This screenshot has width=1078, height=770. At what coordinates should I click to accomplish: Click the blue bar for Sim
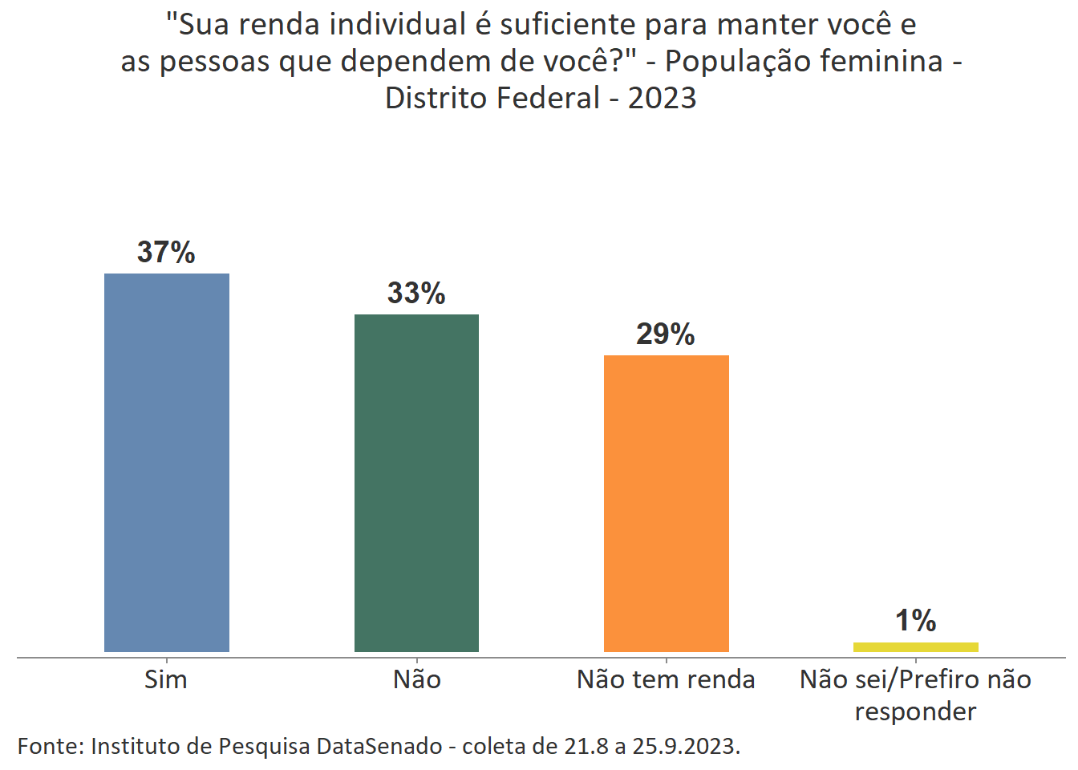167,462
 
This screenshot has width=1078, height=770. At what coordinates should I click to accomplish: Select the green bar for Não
416,483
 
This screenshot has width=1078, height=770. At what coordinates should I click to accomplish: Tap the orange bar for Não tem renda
666,503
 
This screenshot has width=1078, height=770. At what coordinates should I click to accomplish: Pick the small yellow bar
915,647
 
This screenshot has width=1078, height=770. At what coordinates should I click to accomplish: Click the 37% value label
166,253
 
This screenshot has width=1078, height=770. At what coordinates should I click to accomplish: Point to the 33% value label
416,294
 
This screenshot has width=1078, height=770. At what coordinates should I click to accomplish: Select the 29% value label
666,334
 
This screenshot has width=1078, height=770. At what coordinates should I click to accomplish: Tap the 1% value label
915,621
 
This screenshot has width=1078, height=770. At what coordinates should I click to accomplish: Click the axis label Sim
166,680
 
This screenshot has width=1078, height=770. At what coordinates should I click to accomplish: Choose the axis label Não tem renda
666,680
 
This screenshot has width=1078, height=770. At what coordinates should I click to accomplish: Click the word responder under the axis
915,712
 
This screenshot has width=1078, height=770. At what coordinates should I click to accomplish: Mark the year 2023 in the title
662,98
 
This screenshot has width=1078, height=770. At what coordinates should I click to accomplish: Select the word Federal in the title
548,98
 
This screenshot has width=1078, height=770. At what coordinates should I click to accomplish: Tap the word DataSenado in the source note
379,747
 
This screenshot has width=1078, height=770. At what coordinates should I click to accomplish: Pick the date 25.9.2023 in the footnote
684,747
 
